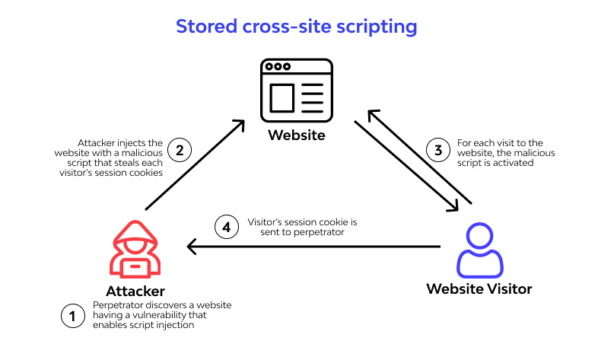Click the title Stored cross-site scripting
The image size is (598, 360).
tap(297, 26)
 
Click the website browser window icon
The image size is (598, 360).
tap(297, 91)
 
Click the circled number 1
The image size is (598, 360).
tap(72, 315)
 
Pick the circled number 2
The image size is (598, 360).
tap(180, 149)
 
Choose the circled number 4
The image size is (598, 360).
tap(225, 226)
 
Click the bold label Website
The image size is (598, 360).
tap(297, 136)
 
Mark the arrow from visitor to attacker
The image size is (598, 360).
tap(313, 247)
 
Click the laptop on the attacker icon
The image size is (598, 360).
tap(135, 265)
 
